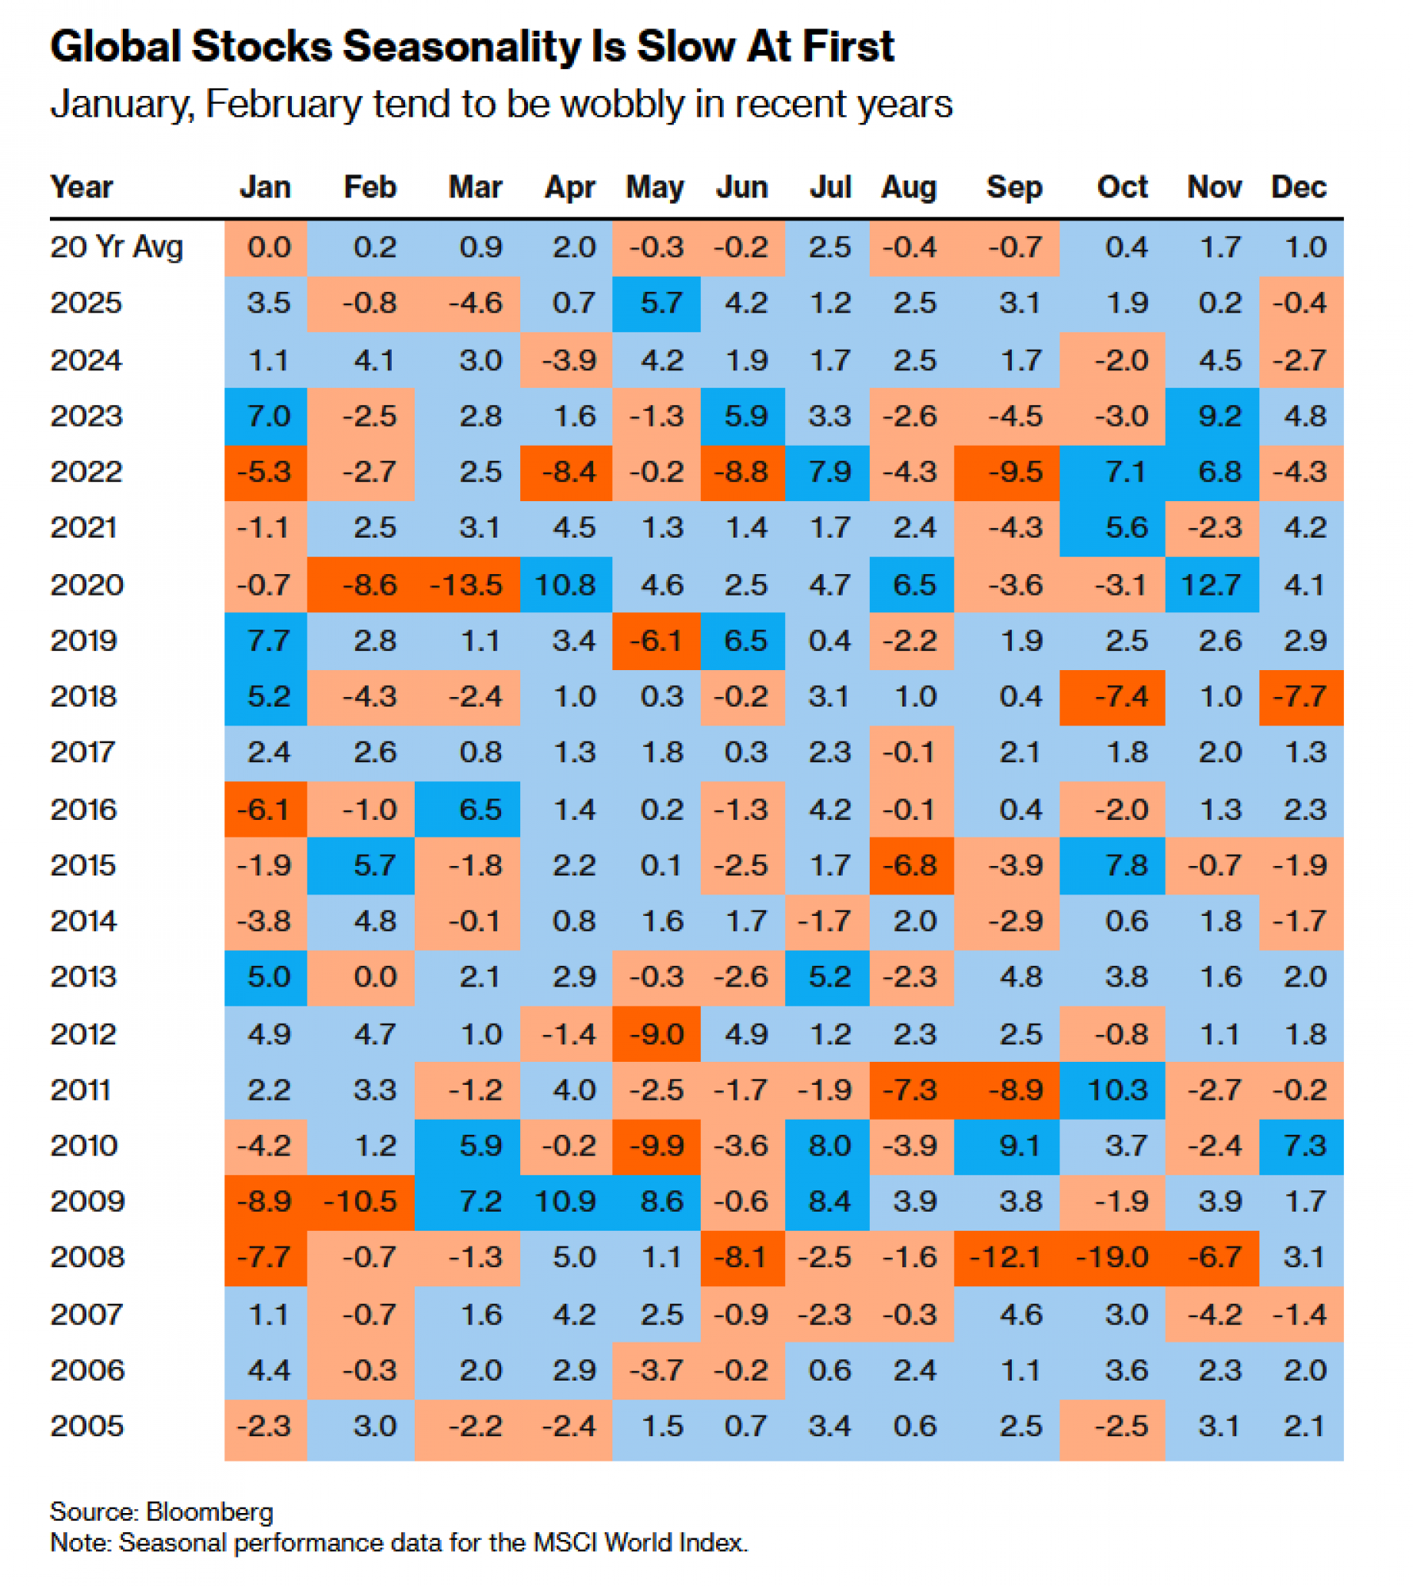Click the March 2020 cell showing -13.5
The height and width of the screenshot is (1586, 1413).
click(x=466, y=585)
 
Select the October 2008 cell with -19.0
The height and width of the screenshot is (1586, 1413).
click(x=1112, y=1258)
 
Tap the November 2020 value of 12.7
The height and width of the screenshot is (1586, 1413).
click(x=1211, y=585)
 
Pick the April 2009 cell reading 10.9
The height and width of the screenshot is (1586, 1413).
click(x=565, y=1201)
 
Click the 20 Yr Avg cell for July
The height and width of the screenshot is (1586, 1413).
click(x=829, y=247)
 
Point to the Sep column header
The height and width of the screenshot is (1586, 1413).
click(x=1013, y=187)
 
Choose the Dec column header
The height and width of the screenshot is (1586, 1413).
click(x=1299, y=187)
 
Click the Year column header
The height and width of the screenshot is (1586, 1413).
click(x=82, y=187)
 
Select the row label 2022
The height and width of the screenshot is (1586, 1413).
click(x=86, y=473)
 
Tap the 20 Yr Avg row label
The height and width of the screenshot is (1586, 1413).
click(x=117, y=247)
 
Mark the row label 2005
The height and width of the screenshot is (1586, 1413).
click(x=86, y=1427)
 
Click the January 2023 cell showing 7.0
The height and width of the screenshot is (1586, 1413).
click(x=269, y=416)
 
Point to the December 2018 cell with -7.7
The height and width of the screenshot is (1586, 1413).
click(x=1300, y=697)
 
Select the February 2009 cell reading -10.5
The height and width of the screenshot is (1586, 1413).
click(x=360, y=1201)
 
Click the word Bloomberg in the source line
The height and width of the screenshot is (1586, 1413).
click(x=210, y=1512)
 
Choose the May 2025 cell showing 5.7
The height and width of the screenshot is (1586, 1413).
click(x=661, y=304)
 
